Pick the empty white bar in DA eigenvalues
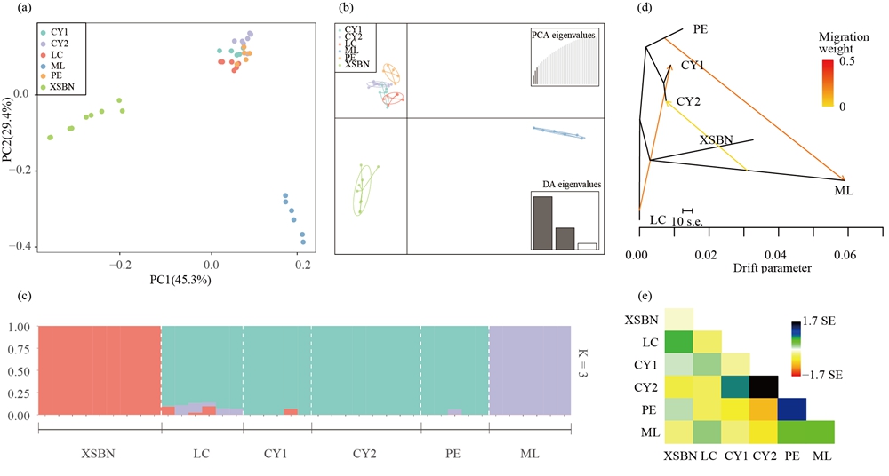pos(587,246)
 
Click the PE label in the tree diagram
pos(701,29)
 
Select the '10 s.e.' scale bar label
pos(688,220)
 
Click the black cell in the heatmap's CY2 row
pos(762,387)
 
